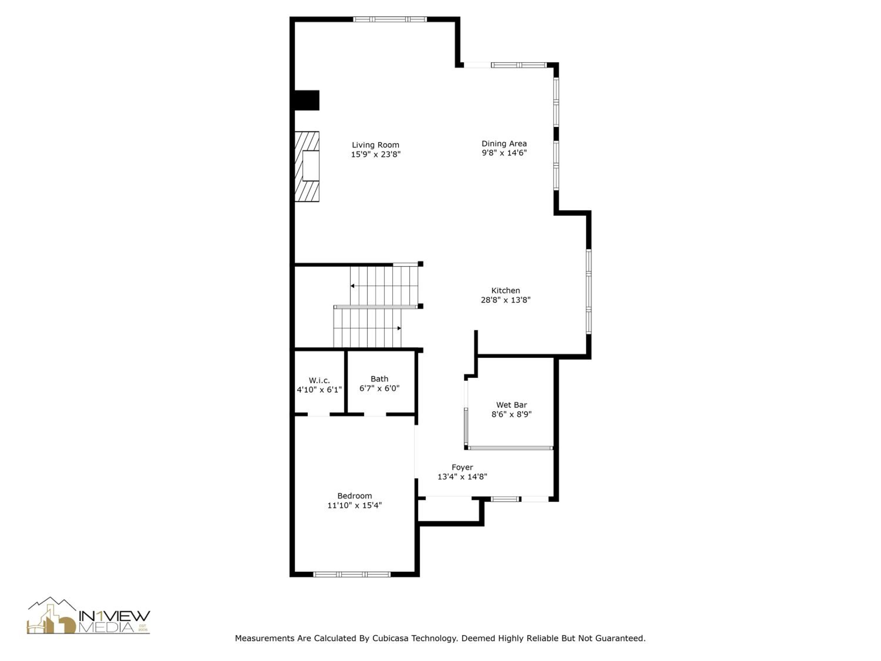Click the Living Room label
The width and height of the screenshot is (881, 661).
[375, 145]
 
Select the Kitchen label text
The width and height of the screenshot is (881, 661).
[505, 291]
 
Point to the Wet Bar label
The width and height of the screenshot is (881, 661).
[511, 405]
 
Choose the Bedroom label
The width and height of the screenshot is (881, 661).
[354, 496]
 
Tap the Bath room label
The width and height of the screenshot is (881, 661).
[379, 379]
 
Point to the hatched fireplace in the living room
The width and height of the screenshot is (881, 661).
[307, 167]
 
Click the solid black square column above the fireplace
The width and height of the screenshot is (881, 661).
[307, 100]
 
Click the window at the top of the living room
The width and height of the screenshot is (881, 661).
[390, 19]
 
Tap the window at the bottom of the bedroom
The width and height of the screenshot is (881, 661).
[352, 574]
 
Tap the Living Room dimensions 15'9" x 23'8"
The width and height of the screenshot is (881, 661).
[375, 154]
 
